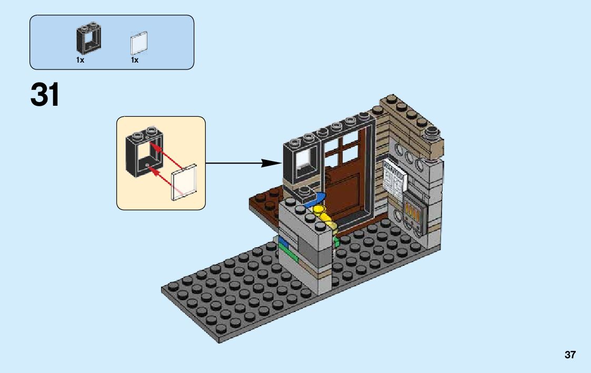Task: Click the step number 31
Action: point(45,95)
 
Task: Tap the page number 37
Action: point(570,355)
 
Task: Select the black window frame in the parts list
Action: point(88,38)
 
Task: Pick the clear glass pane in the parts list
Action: point(138,43)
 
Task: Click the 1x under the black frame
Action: point(80,60)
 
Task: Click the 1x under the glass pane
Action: point(135,60)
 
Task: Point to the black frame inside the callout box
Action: point(144,152)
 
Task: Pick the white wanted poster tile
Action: point(394,177)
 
